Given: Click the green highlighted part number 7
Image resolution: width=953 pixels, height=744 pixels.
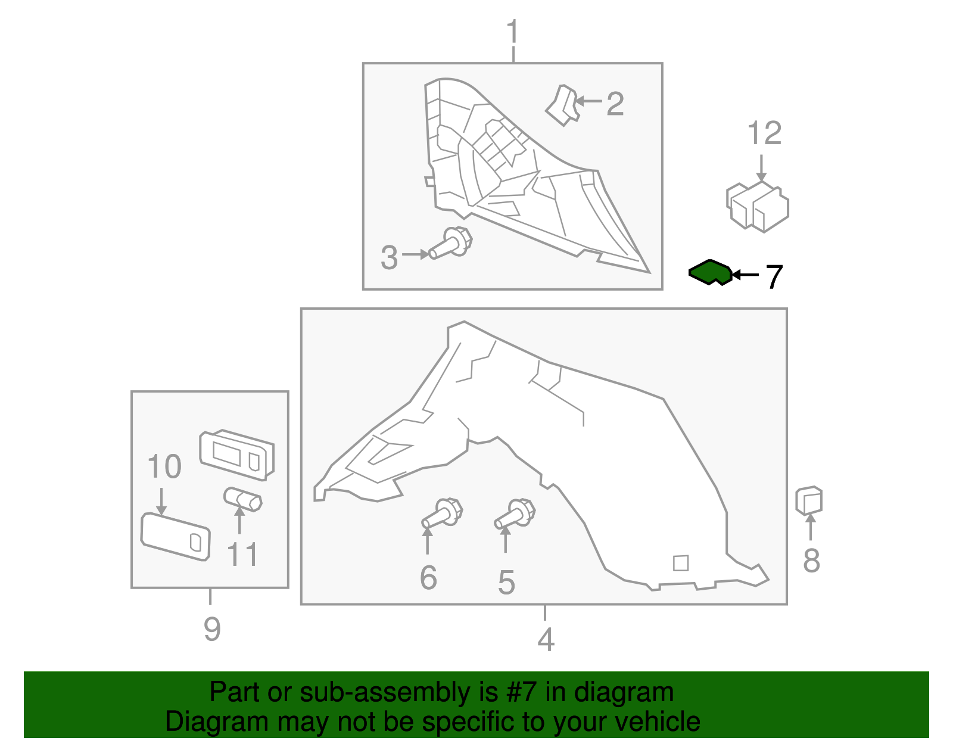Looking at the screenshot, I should (x=709, y=273).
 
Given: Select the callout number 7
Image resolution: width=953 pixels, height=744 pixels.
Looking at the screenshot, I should (x=773, y=277).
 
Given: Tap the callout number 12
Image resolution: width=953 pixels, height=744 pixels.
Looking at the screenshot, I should (x=764, y=133).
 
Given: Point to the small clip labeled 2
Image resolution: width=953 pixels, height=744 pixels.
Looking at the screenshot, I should (x=562, y=105).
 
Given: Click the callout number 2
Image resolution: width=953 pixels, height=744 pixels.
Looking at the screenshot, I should (x=615, y=104).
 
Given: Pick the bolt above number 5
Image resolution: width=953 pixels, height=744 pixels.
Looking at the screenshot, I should (x=515, y=514).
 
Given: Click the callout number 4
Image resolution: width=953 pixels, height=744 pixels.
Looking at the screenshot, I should (x=546, y=639).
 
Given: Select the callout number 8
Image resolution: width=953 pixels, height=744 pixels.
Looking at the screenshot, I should (x=811, y=561).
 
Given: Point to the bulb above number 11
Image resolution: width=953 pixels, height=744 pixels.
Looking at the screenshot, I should (x=242, y=499).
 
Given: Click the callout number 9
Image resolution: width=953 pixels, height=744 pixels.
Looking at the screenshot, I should (x=212, y=629).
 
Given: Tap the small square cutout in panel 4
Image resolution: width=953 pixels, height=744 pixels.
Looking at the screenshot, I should (x=680, y=563).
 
